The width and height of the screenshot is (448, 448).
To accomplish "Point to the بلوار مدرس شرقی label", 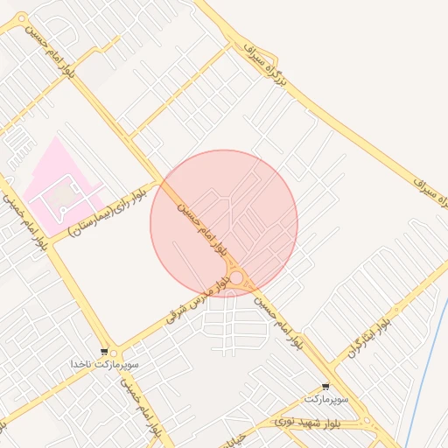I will [x=200, y=297].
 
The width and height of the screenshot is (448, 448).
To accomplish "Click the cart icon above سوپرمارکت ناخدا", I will [x=105, y=351].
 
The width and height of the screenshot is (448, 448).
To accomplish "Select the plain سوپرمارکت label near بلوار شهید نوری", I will [x=326, y=398].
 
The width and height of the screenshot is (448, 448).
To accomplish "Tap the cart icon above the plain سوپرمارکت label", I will [x=326, y=386].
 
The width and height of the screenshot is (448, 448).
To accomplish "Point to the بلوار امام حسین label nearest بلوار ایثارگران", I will [x=282, y=323].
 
